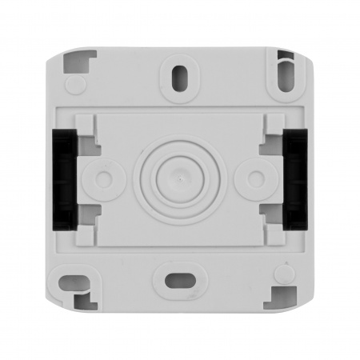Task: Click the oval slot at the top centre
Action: pyautogui.click(x=179, y=78)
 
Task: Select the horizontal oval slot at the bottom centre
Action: pyautogui.click(x=180, y=280)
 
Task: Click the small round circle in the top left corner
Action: pyautogui.click(x=74, y=84)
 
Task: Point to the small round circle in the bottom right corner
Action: pyautogui.click(x=281, y=274)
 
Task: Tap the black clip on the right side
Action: pyautogui.click(x=298, y=179)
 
